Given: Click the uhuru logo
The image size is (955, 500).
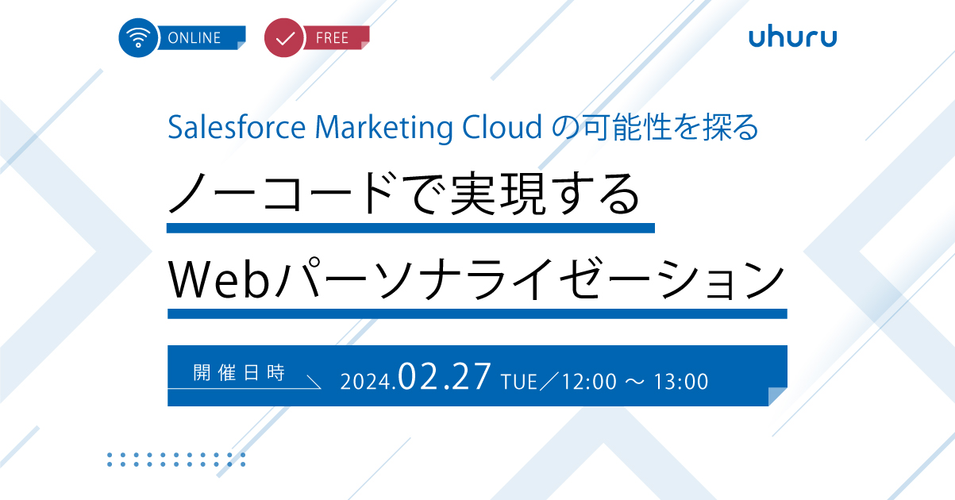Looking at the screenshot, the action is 792,37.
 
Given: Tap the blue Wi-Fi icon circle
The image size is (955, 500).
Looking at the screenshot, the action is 138,37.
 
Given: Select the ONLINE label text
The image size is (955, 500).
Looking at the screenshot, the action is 194,38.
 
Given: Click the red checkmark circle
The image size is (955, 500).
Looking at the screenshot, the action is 284,37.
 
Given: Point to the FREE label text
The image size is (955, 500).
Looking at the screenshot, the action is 332,38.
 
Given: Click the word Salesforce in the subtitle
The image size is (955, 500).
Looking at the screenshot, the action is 237,127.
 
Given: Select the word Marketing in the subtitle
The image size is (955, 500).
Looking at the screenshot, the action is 383,128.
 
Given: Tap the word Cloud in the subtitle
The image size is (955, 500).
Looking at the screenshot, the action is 503,127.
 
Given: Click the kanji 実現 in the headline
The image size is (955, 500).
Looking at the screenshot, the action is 499,194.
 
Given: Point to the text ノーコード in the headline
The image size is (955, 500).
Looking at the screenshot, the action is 281,194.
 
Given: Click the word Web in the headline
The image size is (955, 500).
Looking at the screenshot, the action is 219,279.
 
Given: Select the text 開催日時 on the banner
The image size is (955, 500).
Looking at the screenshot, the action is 239,373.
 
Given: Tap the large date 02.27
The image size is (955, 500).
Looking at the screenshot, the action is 444,376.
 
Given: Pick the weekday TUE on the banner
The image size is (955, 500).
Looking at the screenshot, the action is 519,382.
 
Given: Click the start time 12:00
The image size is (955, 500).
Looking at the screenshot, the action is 589,382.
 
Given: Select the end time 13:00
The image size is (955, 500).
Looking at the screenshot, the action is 681,382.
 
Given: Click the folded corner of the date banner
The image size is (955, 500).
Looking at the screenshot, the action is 777,396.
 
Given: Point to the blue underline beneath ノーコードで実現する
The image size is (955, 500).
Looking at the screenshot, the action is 410,228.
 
